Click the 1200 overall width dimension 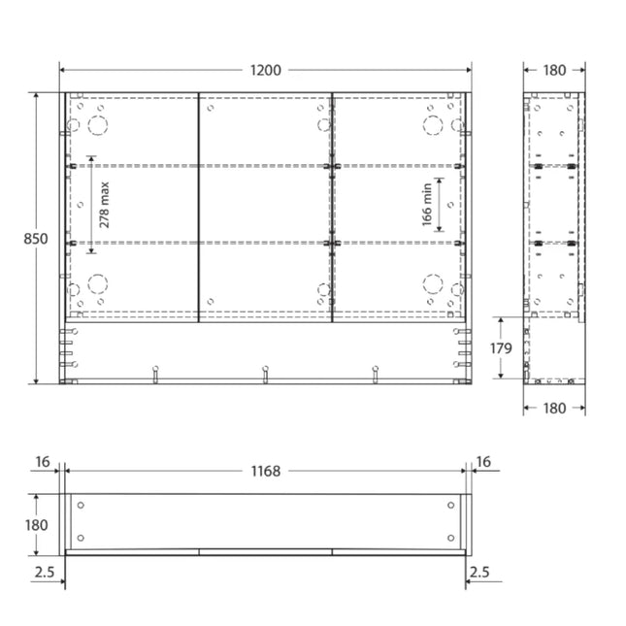(x=265, y=70)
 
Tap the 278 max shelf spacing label (x=105, y=205)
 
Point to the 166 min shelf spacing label (x=427, y=205)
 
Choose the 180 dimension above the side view (x=554, y=70)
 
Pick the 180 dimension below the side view (x=554, y=409)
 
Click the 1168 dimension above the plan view (x=265, y=471)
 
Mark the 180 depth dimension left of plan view (x=36, y=524)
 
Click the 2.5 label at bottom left (x=43, y=573)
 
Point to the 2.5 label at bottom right (x=478, y=573)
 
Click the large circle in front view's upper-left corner (x=97, y=125)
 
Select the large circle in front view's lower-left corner (x=97, y=283)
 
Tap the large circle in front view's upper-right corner (x=432, y=125)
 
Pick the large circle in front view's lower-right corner (x=432, y=283)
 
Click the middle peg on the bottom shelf (x=265, y=373)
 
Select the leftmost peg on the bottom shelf (x=154, y=373)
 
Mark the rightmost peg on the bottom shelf (x=376, y=373)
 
